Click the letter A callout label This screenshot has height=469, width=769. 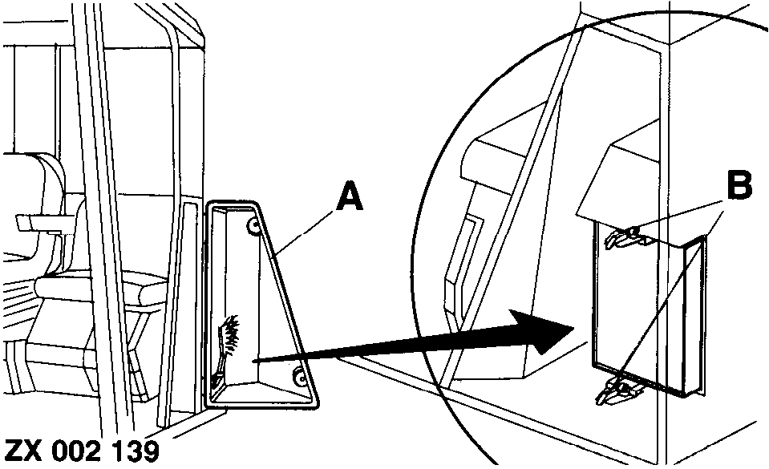(350, 196)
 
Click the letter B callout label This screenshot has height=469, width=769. (739, 186)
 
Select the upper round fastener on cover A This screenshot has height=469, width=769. (253, 225)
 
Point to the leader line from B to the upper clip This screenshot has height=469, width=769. (680, 216)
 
